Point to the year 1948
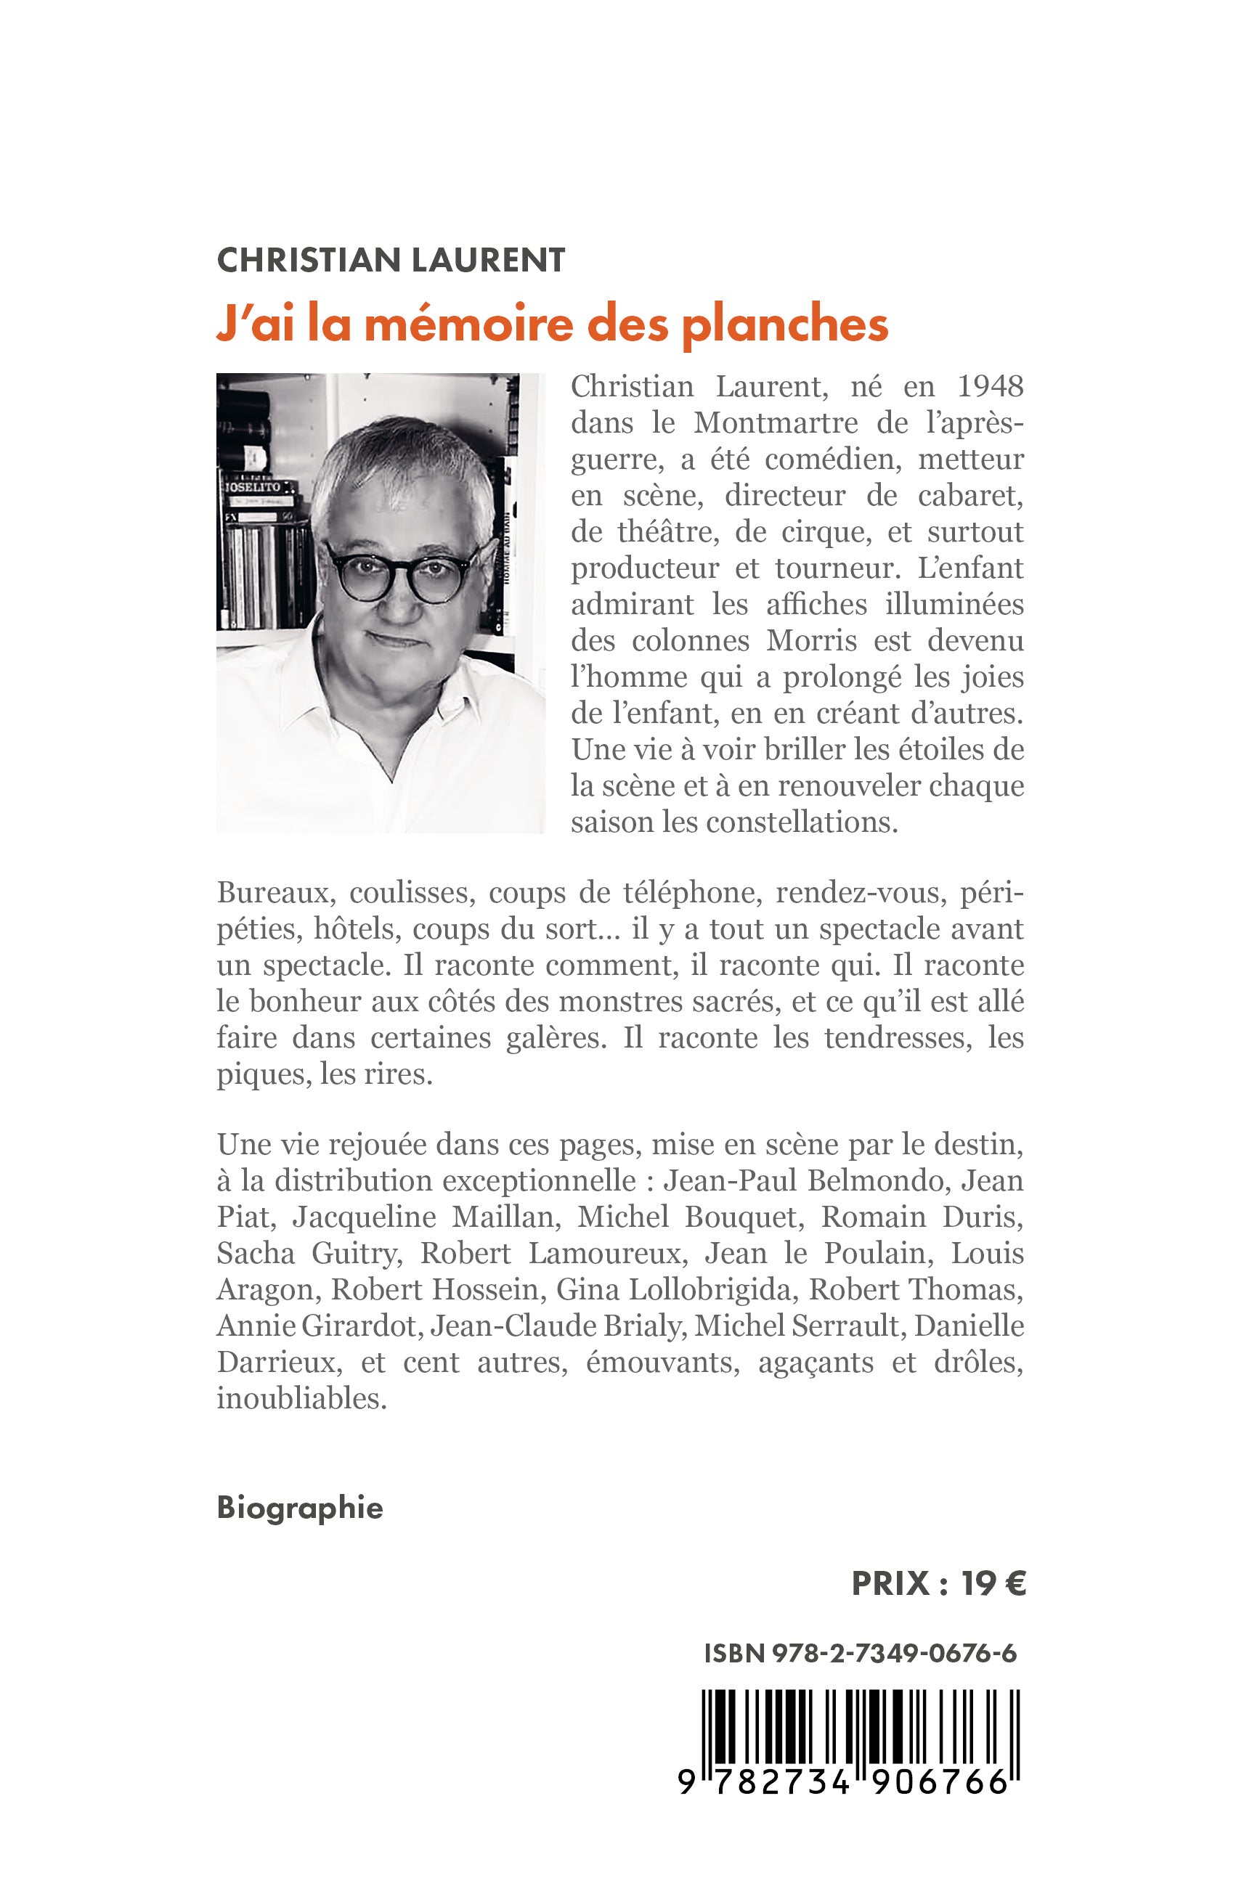coord(990,386)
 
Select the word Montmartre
coord(775,422)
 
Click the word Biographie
coord(300,1508)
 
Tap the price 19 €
coord(993,1583)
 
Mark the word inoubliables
coord(301,1398)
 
